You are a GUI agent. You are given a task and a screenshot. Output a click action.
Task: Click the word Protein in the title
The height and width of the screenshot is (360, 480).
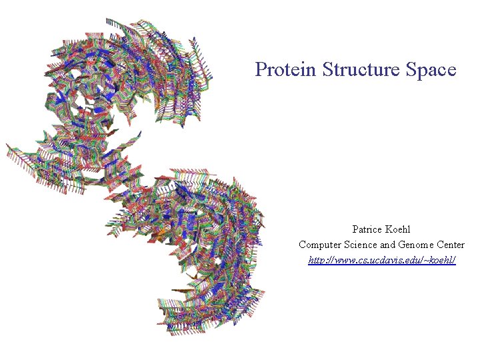point(286,69)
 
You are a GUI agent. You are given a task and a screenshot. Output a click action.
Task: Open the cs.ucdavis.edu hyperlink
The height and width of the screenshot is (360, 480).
point(382,260)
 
